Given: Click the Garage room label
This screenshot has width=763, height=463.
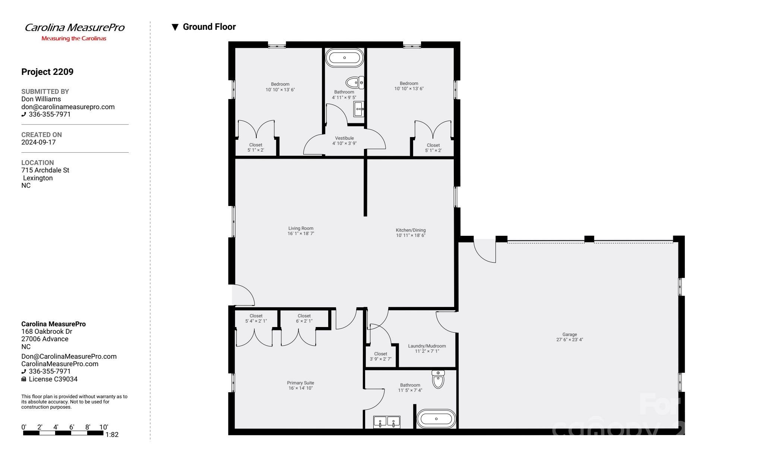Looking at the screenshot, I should [569, 334].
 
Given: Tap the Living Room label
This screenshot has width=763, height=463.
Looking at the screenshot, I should [301, 228].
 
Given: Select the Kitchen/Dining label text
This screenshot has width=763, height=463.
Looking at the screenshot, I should [411, 230].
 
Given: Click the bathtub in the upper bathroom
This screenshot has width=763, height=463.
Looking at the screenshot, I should [344, 58].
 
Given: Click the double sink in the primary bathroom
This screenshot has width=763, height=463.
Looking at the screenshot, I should [387, 422].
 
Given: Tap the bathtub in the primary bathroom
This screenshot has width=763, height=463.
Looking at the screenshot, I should [436, 419].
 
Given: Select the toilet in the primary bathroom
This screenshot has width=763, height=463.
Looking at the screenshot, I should [438, 380].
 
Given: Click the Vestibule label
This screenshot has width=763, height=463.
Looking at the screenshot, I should [344, 138].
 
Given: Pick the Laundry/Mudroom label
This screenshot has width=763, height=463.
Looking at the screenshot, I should [427, 346].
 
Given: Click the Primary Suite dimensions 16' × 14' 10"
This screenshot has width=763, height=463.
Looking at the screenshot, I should [300, 388].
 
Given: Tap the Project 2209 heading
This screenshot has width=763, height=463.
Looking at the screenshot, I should [47, 72].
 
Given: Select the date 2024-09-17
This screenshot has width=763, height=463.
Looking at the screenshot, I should [38, 142].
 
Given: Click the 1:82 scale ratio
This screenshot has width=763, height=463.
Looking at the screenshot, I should [112, 435].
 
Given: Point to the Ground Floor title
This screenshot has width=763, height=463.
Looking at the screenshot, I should [209, 27].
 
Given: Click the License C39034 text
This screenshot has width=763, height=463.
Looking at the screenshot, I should [53, 379].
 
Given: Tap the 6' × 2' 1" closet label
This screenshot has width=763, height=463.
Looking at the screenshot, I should [304, 321].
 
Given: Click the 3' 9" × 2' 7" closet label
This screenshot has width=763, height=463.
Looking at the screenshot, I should [380, 359].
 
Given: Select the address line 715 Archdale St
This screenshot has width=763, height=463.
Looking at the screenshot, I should [45, 170].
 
